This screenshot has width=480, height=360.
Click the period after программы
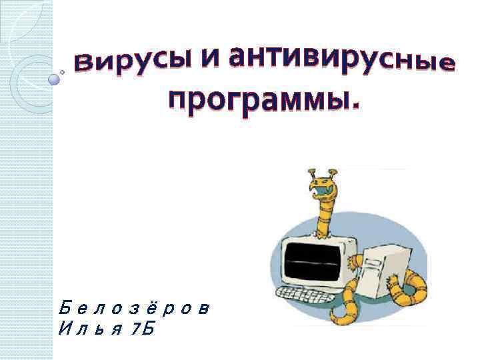point(353,105)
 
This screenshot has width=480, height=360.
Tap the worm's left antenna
point(311,174)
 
